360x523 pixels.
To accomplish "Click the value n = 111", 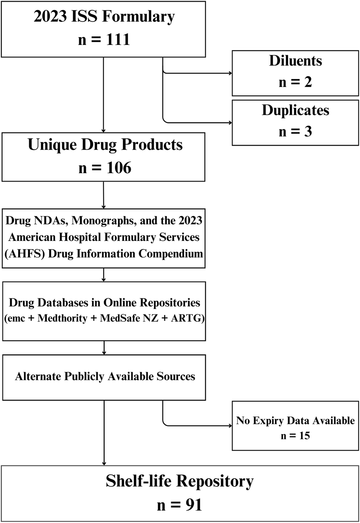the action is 104,39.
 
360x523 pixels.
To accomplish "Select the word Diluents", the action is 295,61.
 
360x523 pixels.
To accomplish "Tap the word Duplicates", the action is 295,110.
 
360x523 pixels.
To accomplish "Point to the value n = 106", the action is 104,168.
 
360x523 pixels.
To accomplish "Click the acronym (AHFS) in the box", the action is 25,254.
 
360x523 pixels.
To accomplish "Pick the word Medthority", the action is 62,318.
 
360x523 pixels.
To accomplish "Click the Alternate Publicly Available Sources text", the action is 105,377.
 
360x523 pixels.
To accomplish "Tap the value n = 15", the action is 295,436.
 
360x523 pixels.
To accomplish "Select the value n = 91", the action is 179,505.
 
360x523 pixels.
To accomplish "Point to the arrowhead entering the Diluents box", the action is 230,73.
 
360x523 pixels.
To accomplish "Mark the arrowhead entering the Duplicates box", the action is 230,123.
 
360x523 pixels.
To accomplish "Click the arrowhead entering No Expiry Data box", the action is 230,426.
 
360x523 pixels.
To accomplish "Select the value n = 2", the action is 295,82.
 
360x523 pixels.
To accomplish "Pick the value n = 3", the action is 295,132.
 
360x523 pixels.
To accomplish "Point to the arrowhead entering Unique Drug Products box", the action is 104,131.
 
